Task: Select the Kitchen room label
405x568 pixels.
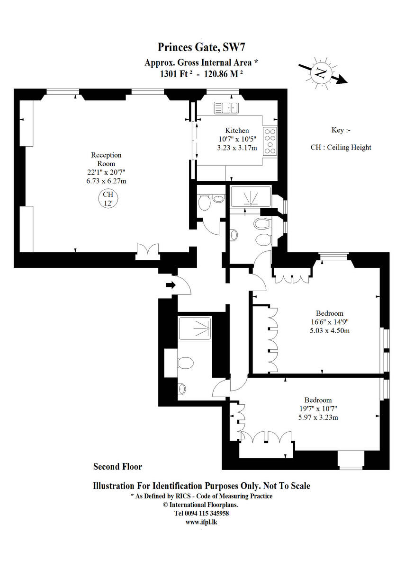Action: pyautogui.click(x=237, y=131)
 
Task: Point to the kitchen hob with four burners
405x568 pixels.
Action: pyautogui.click(x=270, y=141)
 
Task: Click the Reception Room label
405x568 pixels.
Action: pyautogui.click(x=106, y=160)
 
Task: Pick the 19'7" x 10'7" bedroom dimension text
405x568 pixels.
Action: pyautogui.click(x=318, y=408)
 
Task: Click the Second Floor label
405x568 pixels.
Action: pyautogui.click(x=117, y=467)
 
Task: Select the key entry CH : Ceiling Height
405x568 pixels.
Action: pyautogui.click(x=341, y=147)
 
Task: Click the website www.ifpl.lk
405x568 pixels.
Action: pyautogui.click(x=201, y=522)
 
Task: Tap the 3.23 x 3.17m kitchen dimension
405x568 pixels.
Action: pyautogui.click(x=237, y=148)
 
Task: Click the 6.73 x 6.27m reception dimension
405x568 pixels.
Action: pyautogui.click(x=106, y=181)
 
